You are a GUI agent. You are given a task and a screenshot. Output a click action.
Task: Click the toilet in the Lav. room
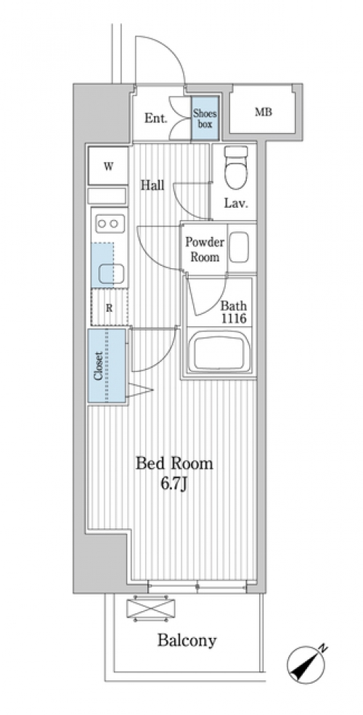(x=237, y=167)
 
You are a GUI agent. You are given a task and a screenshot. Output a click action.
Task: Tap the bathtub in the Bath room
(x=220, y=352)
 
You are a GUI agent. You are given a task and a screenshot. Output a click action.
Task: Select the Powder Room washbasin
(x=239, y=247)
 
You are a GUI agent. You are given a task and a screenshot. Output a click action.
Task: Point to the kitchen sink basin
(x=112, y=274)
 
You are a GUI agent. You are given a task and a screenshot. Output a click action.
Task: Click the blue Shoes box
(x=205, y=118)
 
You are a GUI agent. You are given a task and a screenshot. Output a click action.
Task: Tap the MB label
(x=264, y=112)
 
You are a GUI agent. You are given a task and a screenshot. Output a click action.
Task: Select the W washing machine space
(x=108, y=166)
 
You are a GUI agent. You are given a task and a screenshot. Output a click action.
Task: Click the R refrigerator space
(x=110, y=307)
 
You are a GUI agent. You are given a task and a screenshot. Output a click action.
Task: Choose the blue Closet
(x=107, y=365)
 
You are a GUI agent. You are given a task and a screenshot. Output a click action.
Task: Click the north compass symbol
(x=307, y=663)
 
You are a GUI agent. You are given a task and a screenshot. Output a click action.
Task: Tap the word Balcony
(x=187, y=640)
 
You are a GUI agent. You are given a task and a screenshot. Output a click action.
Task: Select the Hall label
(x=152, y=185)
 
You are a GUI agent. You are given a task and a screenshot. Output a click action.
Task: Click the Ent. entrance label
(x=156, y=118)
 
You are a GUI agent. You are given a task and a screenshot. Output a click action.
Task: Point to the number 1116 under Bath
(x=234, y=318)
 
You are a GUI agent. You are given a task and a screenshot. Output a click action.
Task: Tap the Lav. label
(x=236, y=203)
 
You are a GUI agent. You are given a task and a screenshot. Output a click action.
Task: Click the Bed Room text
(x=175, y=464)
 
